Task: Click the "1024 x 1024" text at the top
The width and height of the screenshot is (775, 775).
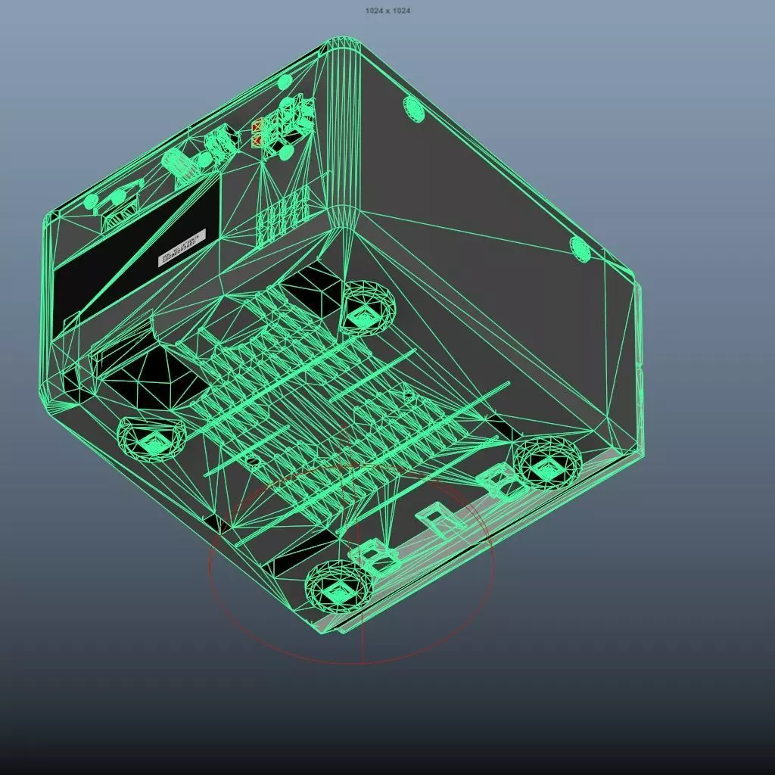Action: (387, 11)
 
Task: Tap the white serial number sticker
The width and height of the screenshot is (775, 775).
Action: (182, 247)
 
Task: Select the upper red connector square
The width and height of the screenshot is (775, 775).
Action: (257, 126)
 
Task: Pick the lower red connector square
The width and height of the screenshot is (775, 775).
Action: (257, 141)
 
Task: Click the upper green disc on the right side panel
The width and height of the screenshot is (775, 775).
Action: (416, 108)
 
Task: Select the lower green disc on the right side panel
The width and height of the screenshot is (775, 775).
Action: (580, 248)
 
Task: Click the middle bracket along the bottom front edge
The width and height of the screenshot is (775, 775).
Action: (435, 521)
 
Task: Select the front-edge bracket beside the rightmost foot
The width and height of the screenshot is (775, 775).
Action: (498, 481)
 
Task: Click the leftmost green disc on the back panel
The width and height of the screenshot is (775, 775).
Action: (91, 201)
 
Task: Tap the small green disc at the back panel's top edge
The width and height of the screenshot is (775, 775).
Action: (285, 82)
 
